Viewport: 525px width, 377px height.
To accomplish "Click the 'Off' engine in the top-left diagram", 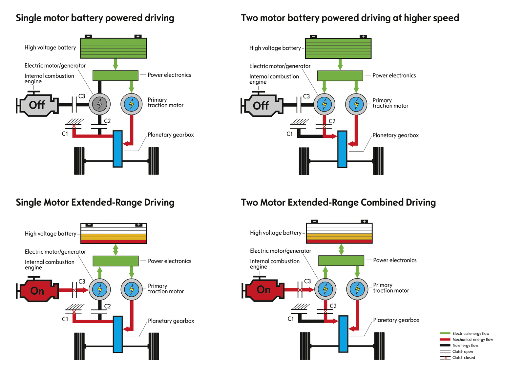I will [37, 105].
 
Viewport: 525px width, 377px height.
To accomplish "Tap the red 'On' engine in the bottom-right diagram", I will [263, 290].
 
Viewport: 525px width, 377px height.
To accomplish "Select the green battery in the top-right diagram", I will [338, 48].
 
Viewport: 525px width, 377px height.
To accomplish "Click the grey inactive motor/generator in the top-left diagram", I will [100, 104].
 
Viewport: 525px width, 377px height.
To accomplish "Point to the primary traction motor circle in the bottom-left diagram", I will [132, 289].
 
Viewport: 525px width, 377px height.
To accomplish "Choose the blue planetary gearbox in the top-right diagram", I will [342, 149].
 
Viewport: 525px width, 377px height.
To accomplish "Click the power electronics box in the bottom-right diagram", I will [341, 261].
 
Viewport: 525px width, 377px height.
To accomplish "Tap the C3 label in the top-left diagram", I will [82, 96].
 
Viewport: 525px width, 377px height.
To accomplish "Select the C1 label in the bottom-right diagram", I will [291, 319].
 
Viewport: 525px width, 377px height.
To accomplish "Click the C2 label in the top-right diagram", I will [332, 121].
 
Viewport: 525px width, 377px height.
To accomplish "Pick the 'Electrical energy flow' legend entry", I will [471, 333].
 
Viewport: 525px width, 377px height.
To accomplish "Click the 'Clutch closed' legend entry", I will [463, 358].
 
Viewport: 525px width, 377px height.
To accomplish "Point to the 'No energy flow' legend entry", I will [465, 346].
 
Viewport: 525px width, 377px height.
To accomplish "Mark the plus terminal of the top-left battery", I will [138, 36].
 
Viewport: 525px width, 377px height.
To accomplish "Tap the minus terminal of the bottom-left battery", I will [89, 225].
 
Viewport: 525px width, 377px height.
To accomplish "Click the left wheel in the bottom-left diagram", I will [79, 346].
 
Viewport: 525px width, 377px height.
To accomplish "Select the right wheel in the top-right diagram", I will [378, 161].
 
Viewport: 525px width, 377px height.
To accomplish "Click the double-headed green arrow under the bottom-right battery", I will [341, 249].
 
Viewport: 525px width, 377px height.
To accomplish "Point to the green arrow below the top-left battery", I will [115, 64].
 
